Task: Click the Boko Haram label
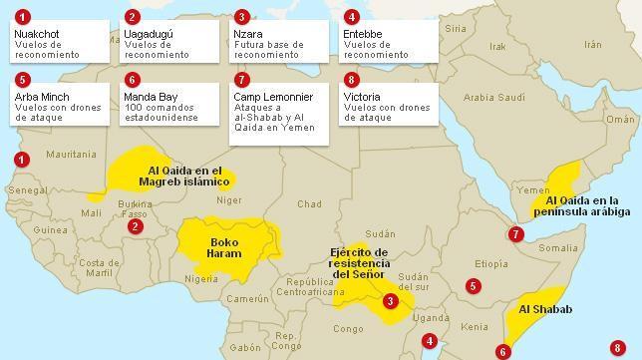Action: (x=223, y=246)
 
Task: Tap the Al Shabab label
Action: (x=545, y=309)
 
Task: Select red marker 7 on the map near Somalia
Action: (x=515, y=234)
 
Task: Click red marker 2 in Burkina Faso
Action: (x=135, y=226)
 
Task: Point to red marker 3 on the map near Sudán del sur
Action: (x=391, y=301)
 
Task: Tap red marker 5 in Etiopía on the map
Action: (x=474, y=286)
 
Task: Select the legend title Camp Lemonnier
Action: (x=273, y=97)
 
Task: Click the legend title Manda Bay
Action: (x=151, y=97)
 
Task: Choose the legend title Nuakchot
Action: (x=38, y=35)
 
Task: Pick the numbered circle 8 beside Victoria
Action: (x=350, y=79)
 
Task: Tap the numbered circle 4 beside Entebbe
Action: (x=350, y=17)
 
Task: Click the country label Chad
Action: (x=309, y=204)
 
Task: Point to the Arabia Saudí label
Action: (x=493, y=98)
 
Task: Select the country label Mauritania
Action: (x=71, y=155)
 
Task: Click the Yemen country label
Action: (x=533, y=190)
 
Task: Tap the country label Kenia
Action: (x=475, y=327)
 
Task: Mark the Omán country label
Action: (x=620, y=119)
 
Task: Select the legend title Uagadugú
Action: (x=149, y=35)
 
